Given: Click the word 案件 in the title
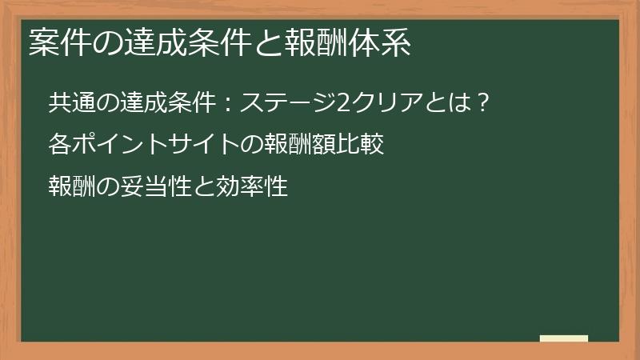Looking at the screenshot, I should coord(55,43).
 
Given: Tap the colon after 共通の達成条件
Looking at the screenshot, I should coord(226,105).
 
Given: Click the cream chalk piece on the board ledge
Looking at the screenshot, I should coord(564,338).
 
